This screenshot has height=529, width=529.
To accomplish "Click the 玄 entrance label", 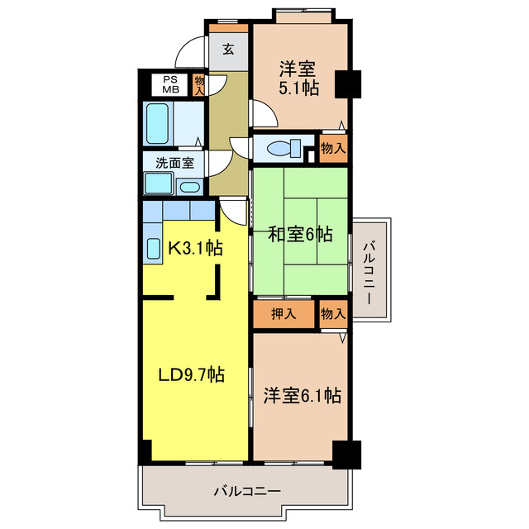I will [227, 49].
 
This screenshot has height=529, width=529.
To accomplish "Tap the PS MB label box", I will [170, 85].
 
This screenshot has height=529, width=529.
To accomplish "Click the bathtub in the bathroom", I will [157, 123].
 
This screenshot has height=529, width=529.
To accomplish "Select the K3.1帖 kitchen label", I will [194, 246].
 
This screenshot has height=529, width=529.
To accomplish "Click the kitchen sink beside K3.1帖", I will [153, 248].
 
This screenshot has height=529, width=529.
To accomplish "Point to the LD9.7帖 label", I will [191, 374].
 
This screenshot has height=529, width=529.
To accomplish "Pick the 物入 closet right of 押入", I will [332, 314].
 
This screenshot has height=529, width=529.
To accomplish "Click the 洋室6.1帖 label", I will [302, 396].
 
